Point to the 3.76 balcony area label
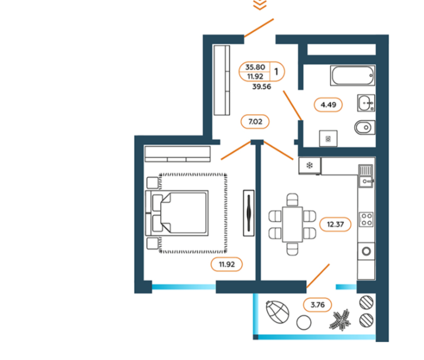[318, 304]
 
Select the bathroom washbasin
[365, 104]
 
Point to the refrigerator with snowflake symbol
[310, 165]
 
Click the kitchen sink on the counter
[366, 174]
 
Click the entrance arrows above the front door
[260, 5]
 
